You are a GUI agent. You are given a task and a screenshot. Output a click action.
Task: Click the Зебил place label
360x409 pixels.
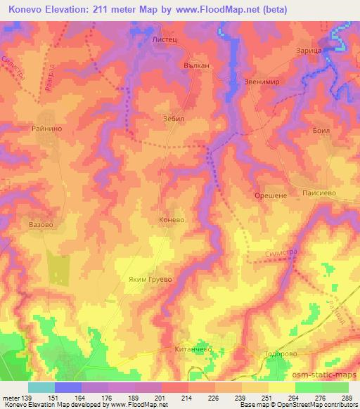[x=173, y=119]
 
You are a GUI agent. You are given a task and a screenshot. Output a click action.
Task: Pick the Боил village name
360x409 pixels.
[x=321, y=131]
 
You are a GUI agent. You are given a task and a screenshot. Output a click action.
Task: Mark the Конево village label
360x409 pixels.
[x=172, y=219]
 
